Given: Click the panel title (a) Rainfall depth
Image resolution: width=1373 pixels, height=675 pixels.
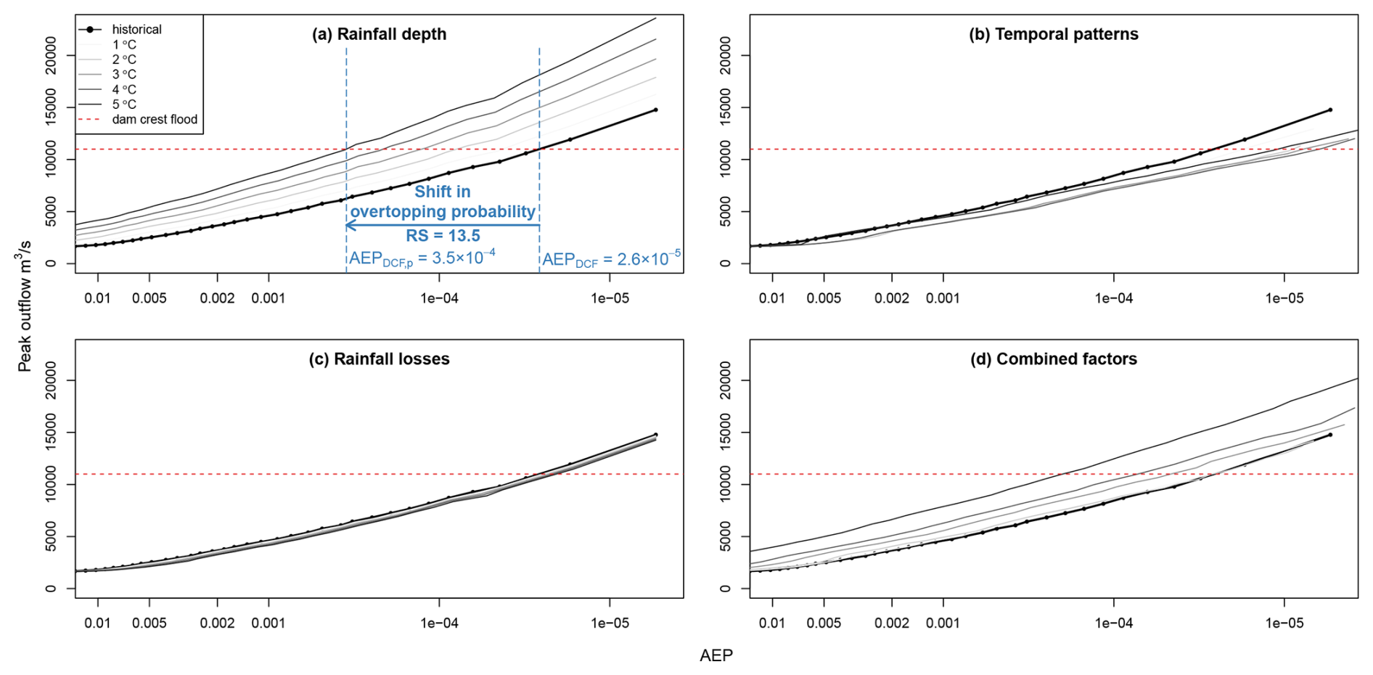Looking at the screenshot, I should tap(379, 34).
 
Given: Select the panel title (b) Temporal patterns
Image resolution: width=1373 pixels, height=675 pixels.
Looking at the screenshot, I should tap(1054, 34).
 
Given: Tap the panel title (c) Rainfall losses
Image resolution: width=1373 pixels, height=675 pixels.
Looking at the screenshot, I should tap(379, 359).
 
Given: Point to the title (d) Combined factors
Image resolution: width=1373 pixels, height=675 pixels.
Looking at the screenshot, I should tap(1054, 359).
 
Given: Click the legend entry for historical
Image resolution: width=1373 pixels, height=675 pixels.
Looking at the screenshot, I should tap(136, 30).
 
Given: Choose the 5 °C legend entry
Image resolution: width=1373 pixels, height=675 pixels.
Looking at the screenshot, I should tap(124, 105).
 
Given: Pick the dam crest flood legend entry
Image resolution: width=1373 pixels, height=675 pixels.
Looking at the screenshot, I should tap(155, 120).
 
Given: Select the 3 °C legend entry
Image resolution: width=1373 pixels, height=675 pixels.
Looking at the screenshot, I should tap(124, 75).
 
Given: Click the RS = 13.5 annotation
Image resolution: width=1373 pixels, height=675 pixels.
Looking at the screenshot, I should tap(443, 236).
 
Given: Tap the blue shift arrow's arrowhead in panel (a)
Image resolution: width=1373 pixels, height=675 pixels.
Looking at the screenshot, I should tap(349, 225).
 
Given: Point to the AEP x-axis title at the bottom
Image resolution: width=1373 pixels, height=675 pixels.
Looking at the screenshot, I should tap(716, 655).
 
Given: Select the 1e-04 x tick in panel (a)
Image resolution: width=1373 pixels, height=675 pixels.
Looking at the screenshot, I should tap(439, 298).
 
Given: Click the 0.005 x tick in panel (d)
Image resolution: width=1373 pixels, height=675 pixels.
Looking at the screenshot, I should tap(824, 623).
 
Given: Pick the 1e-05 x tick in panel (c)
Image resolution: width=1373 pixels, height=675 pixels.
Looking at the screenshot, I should tap(610, 623).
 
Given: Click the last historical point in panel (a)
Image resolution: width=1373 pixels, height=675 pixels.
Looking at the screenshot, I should tap(656, 110).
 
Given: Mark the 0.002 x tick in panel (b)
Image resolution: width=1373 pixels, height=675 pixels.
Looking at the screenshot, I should tap(892, 298).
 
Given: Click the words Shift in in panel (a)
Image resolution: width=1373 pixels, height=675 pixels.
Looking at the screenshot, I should tap(443, 192).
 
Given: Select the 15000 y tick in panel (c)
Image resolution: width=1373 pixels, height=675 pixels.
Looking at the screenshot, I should tap(50, 433).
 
